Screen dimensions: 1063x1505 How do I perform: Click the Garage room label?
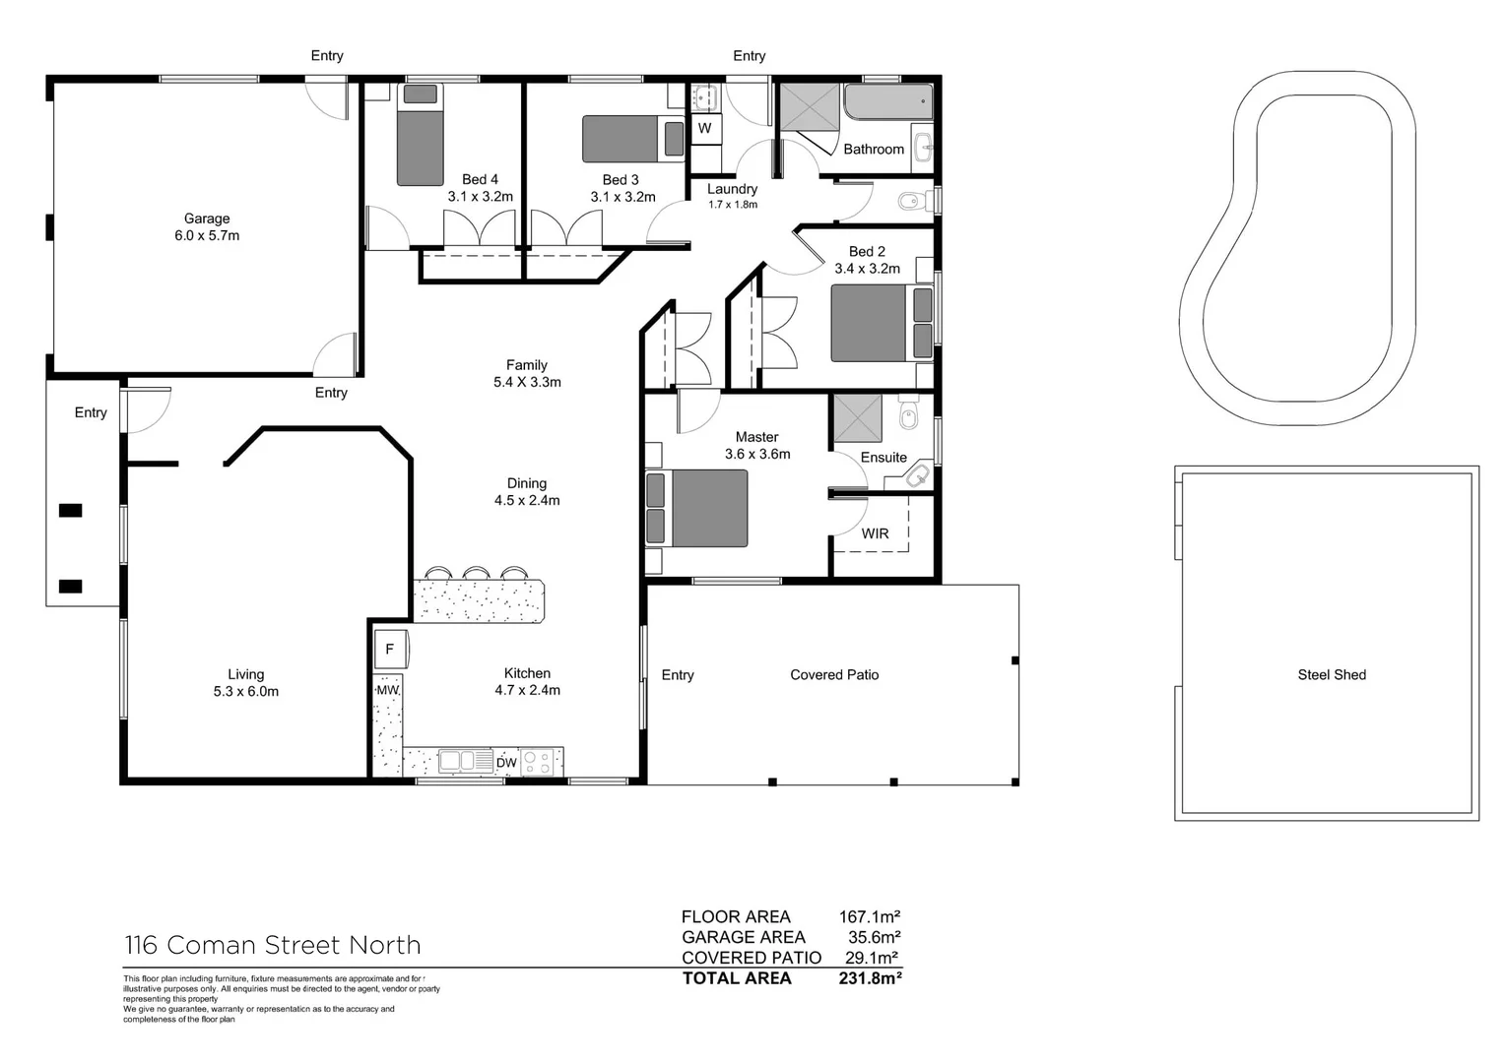(x=207, y=219)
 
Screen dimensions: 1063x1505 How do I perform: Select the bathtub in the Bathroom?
(x=887, y=101)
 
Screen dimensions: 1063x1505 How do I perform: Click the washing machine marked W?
(x=705, y=128)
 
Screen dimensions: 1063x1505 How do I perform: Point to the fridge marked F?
(x=390, y=650)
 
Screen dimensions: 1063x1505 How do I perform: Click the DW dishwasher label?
(x=506, y=763)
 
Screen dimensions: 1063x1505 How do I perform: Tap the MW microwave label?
(x=387, y=690)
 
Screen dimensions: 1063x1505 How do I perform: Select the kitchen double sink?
(x=465, y=761)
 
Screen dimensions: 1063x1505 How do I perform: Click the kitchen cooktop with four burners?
(x=539, y=762)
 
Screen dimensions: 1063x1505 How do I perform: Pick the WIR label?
(x=875, y=533)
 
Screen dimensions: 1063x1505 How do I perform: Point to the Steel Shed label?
(x=1332, y=674)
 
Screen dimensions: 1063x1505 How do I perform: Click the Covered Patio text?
(x=834, y=674)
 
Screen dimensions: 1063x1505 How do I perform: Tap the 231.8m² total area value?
(x=870, y=978)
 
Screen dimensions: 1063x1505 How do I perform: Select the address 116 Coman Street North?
(x=273, y=945)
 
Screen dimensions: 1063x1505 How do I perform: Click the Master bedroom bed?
(x=697, y=508)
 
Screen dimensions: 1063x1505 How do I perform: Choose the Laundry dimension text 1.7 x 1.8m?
(x=733, y=205)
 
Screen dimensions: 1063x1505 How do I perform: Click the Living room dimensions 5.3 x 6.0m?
(x=246, y=692)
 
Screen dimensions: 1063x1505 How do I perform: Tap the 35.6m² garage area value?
(x=874, y=937)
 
